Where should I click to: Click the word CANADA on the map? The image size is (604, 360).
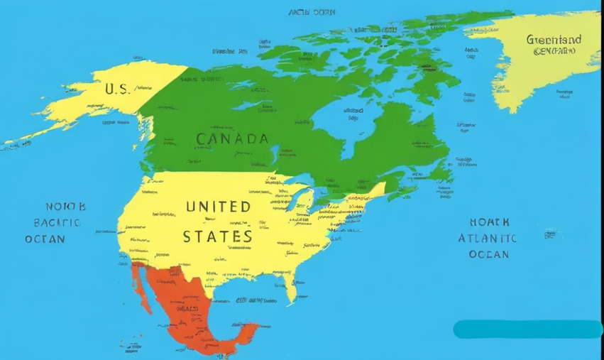pos(232,139)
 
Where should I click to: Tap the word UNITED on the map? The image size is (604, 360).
pos(218,207)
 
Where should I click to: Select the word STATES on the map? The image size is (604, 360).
pos(217,236)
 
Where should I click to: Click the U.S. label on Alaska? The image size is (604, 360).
pos(117,89)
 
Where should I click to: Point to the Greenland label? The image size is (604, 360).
pos(554,40)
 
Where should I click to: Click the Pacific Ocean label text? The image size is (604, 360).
pos(56,222)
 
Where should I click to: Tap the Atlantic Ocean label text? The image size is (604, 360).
pos(488,238)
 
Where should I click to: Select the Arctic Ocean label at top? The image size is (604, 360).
pos(312,12)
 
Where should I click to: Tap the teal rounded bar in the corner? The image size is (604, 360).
pos(527,329)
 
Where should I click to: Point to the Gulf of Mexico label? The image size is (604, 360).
pos(252,300)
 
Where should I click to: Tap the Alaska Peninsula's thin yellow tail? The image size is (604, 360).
pos(28,138)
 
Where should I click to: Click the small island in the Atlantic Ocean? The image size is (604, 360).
pos(551,233)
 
